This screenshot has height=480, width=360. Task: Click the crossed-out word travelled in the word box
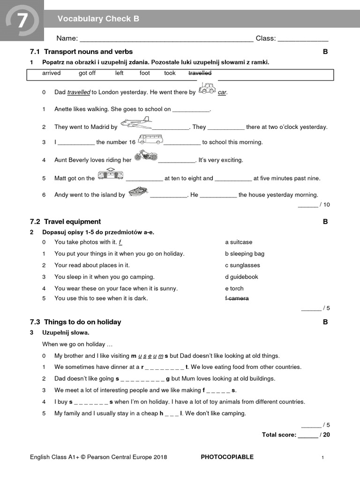pyautogui.click(x=200, y=73)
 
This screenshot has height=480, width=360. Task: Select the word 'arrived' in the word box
pyautogui.click(x=51, y=73)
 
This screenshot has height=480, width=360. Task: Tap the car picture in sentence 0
pyautogui.click(x=207, y=88)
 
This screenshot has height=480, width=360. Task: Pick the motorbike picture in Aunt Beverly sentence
pyautogui.click(x=145, y=156)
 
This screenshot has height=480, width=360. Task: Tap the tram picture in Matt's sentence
pyautogui.click(x=111, y=174)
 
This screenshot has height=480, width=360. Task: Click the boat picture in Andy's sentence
pyautogui.click(x=138, y=191)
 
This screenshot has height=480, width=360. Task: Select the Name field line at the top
pyautogui.click(x=167, y=39)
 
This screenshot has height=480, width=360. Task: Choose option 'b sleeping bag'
pyautogui.click(x=244, y=254)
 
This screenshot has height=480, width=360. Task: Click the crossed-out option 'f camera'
pyautogui.click(x=237, y=298)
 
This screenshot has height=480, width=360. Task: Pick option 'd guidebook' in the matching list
pyautogui.click(x=241, y=277)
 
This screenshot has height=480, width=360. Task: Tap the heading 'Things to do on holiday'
pyautogui.click(x=82, y=322)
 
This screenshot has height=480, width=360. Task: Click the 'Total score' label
pyautogui.click(x=279, y=435)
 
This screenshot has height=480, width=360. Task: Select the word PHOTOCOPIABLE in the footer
pyautogui.click(x=227, y=457)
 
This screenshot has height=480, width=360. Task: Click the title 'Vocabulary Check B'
pyautogui.click(x=98, y=19)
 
